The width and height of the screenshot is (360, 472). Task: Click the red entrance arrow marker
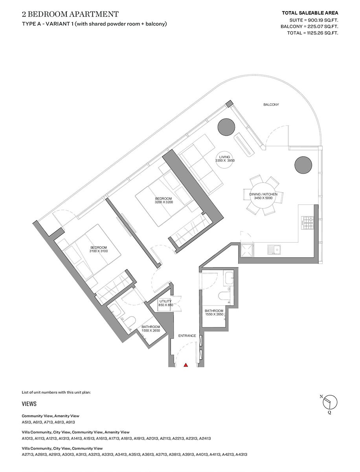(186, 365)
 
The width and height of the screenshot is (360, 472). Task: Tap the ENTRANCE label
(187, 336)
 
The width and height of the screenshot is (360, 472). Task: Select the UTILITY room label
(165, 301)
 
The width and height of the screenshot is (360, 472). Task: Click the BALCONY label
(271, 105)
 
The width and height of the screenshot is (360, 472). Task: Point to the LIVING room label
(225, 157)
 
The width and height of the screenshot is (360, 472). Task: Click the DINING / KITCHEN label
(263, 194)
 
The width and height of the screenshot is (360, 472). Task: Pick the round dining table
(263, 195)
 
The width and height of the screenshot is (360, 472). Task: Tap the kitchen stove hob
(307, 223)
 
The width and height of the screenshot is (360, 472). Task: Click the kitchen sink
(274, 249)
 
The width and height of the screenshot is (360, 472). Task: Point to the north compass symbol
(330, 402)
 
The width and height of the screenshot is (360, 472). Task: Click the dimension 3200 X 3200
(164, 202)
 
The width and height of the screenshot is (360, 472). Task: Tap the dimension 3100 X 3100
(98, 251)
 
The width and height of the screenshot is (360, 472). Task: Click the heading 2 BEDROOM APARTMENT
(70, 15)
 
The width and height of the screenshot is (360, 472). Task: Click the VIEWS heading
(29, 404)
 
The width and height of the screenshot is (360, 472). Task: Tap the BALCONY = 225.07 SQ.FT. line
(309, 26)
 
